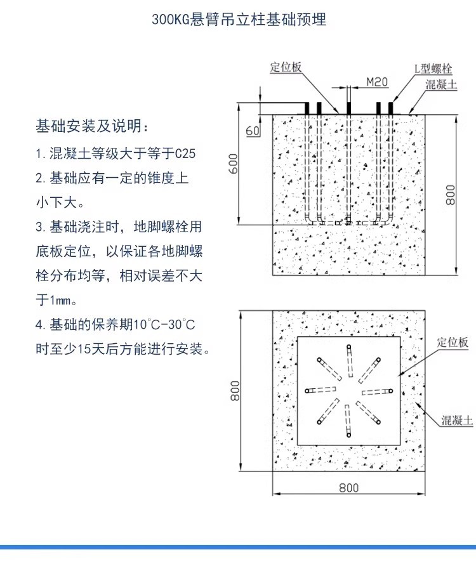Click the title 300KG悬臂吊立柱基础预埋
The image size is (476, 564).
pos(239,20)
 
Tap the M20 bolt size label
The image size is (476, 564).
pos(377,82)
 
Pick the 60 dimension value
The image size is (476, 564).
pos(252,131)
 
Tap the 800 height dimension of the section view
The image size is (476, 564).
pos(450,195)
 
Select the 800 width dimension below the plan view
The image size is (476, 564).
pos(348,487)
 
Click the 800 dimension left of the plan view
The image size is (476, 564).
pos(235,390)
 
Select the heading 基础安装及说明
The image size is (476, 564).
pos(93,126)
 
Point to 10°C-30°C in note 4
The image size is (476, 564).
pos(163,325)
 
